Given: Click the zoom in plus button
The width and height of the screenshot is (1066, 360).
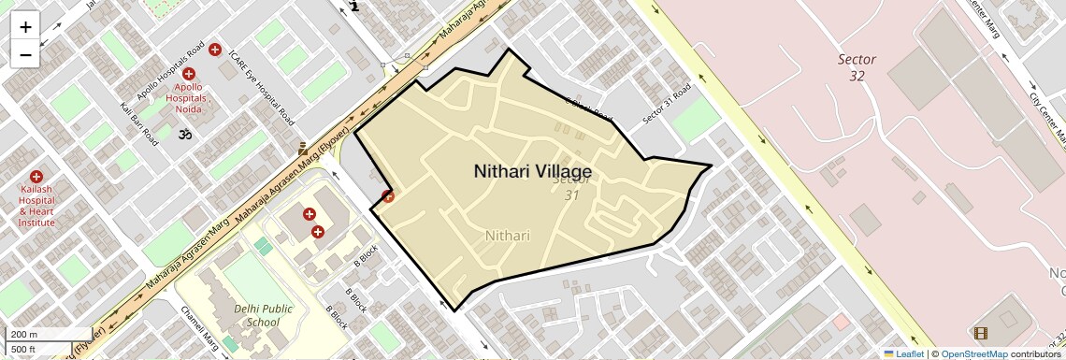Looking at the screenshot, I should [25, 27].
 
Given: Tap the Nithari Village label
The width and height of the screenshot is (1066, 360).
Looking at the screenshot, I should [532, 172].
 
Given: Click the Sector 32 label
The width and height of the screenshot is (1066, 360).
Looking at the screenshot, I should [857, 67].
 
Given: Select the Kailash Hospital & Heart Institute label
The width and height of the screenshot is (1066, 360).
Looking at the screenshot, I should [36, 206].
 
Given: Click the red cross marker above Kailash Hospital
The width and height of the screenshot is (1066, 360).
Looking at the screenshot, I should [36, 176].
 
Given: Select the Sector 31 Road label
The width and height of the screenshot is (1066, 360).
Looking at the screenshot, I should [667, 104].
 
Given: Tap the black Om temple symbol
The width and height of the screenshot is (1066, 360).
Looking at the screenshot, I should [184, 135].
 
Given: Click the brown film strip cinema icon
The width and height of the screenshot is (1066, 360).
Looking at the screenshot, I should [980, 333].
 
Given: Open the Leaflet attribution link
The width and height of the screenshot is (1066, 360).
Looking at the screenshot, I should [903, 354].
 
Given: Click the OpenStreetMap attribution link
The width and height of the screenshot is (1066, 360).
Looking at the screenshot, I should [973, 354].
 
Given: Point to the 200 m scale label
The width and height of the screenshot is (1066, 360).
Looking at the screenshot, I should [24, 335].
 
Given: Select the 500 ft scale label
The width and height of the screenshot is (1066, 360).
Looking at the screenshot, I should [24, 349].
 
